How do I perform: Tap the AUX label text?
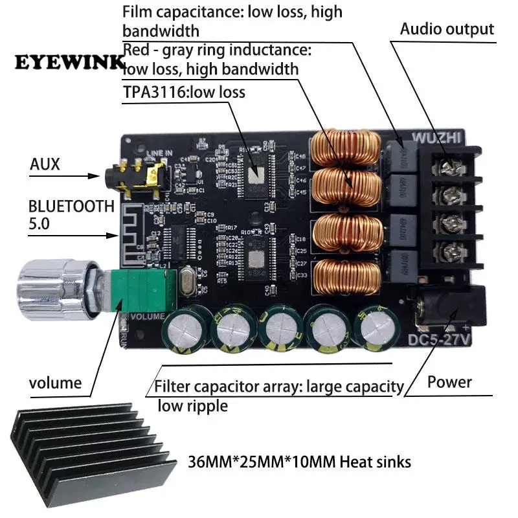pos(45,164)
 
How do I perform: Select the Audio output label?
pos(447,29)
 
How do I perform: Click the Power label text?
pos(449,382)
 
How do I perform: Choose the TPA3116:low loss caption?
pos(184,92)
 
